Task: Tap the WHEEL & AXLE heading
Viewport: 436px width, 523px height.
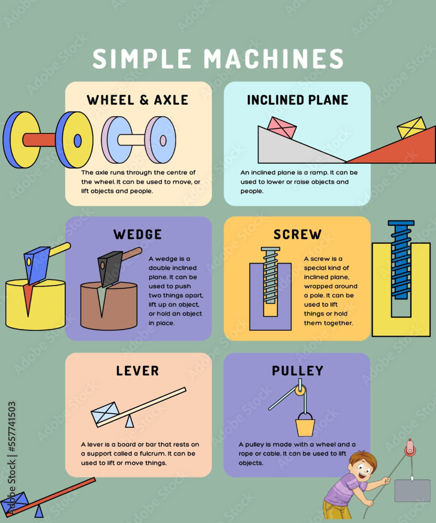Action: tap(138, 99)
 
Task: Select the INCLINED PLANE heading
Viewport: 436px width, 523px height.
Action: tap(297, 99)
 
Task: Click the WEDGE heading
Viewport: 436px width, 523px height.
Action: tap(138, 234)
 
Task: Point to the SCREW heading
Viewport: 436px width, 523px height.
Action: tap(297, 234)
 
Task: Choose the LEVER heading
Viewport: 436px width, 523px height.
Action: tap(138, 371)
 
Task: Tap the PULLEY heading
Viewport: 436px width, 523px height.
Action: tap(297, 371)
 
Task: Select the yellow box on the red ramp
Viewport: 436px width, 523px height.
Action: tap(411, 128)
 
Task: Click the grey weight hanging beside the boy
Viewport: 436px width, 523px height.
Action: tap(412, 491)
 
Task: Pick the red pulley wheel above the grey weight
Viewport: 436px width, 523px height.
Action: tap(410, 448)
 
